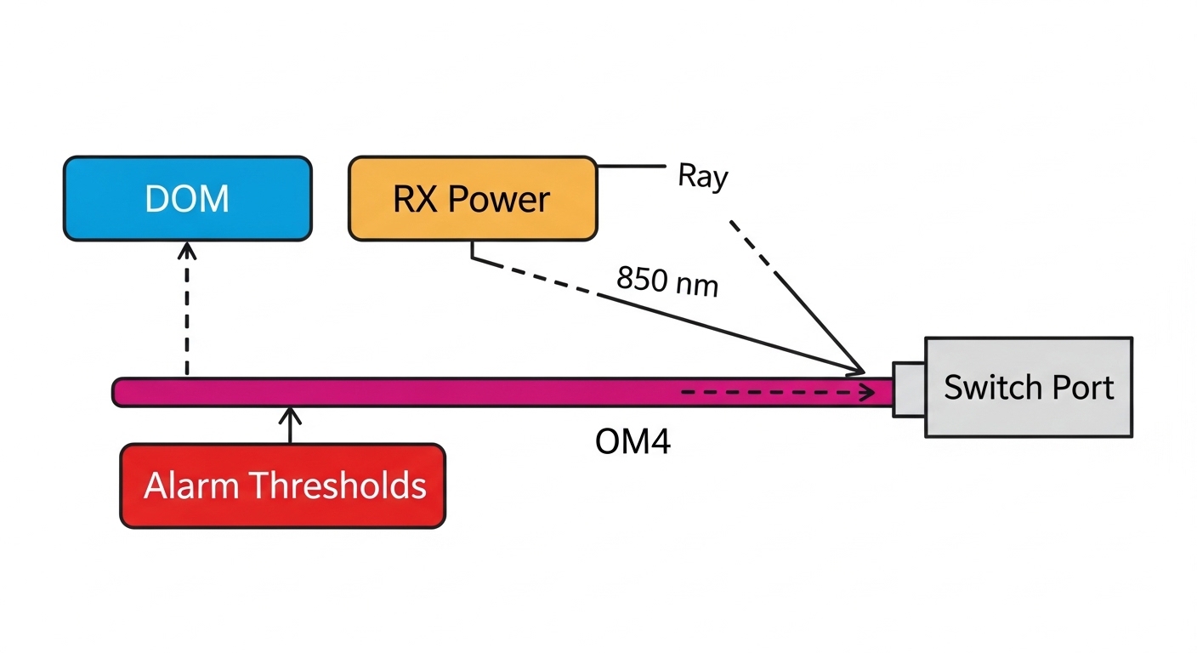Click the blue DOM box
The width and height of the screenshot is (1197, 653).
[x=187, y=198]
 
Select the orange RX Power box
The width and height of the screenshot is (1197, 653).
[x=472, y=198]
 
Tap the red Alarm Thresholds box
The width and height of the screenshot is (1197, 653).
[x=282, y=485]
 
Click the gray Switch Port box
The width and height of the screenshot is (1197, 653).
[x=1029, y=387]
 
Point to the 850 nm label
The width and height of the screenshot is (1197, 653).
[x=667, y=281]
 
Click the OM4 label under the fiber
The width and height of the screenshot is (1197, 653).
[x=633, y=442]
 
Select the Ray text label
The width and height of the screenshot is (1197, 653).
[x=702, y=177]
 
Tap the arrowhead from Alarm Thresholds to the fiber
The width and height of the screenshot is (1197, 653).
[x=291, y=414]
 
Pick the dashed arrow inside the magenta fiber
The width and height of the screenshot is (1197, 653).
[x=778, y=393]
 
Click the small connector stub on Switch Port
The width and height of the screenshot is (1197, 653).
[x=908, y=389]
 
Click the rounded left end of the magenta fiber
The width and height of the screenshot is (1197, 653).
[x=120, y=392]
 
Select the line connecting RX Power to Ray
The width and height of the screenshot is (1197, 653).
[x=630, y=167]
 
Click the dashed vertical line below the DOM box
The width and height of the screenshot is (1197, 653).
[x=187, y=315]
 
